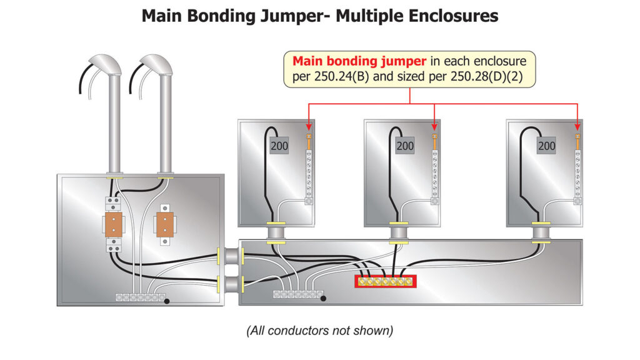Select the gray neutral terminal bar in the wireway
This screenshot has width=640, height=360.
(297, 294)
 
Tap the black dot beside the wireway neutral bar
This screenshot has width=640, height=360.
(322, 298)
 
